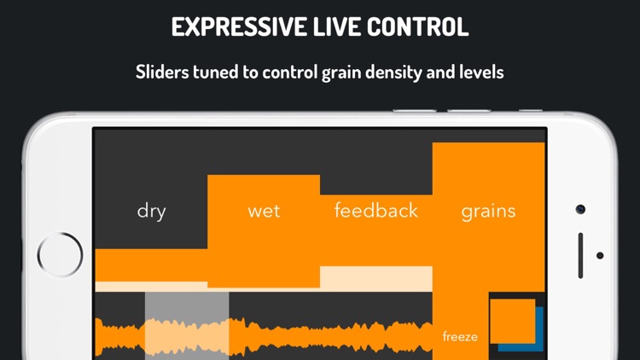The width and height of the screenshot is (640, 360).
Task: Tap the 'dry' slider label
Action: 151,211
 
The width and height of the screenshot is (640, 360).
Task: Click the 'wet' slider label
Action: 264,211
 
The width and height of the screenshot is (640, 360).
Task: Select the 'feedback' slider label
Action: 376,210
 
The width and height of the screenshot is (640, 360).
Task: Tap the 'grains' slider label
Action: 488,212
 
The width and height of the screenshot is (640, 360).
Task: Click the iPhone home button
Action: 61,254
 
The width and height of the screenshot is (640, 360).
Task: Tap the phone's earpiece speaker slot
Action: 581,255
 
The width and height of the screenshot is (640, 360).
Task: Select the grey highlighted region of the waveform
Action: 187,324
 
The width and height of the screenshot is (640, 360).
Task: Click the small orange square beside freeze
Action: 512,321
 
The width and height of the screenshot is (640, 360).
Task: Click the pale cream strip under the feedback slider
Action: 376,279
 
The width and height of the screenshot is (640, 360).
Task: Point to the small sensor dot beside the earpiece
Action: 600,255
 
